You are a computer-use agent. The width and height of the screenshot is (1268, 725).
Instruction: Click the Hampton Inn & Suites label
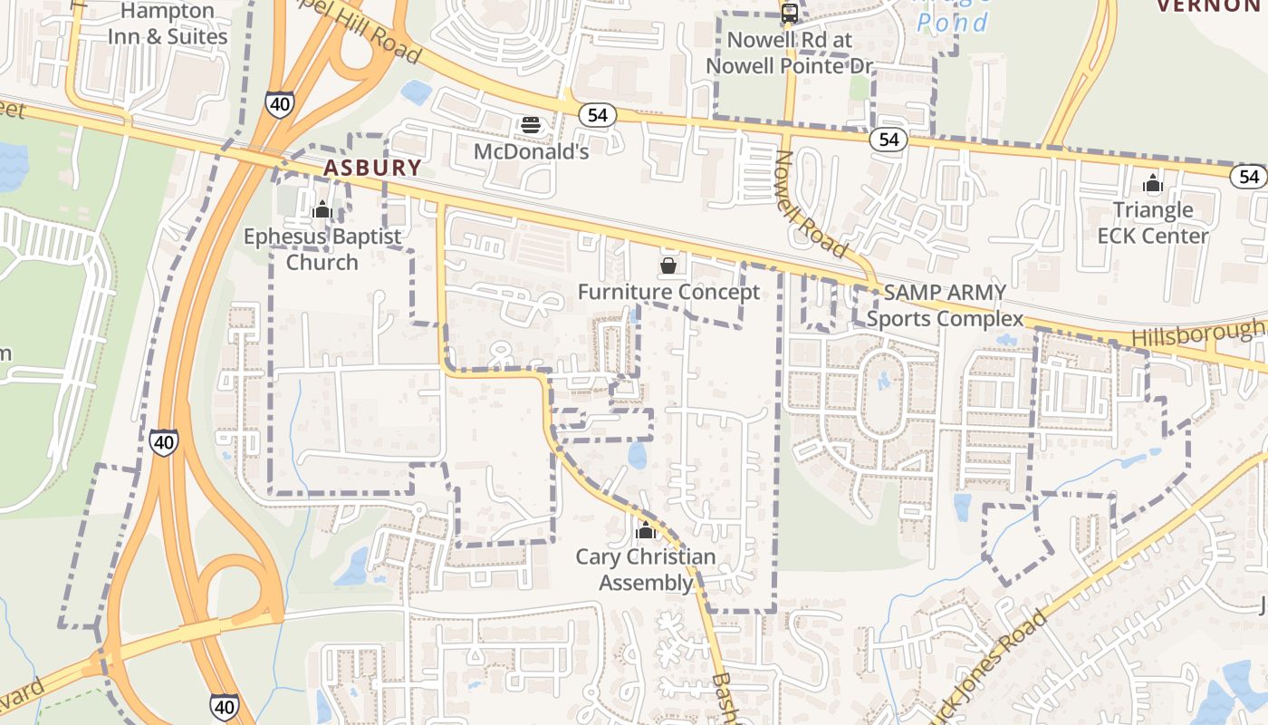coord(168,24)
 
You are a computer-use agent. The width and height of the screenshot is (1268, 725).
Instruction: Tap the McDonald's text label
coord(532,151)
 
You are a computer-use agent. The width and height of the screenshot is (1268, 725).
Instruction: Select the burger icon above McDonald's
coord(531,125)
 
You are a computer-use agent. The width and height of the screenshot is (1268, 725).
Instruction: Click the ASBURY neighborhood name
coord(372,168)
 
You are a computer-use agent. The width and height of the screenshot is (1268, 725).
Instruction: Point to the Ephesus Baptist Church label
coord(322,249)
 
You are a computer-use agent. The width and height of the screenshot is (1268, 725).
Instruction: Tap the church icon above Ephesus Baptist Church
coord(322,211)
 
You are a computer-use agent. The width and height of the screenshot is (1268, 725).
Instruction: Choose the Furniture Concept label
coord(668,292)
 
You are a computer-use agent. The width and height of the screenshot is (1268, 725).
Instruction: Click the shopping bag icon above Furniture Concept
coord(668,266)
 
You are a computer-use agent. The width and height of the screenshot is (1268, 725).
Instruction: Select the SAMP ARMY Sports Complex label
coord(945,305)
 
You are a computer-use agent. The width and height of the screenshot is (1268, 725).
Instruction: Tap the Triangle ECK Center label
coord(1153,223)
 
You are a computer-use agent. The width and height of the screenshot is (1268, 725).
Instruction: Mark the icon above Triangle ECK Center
coord(1152,185)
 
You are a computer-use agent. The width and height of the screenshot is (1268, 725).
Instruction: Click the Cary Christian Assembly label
coord(646,569)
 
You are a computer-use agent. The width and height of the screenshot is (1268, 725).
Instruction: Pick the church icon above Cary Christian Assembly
coord(645,530)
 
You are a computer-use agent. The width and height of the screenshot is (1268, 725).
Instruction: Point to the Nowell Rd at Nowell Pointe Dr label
coord(790,53)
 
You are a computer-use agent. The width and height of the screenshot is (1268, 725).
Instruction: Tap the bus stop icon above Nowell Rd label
coord(790,14)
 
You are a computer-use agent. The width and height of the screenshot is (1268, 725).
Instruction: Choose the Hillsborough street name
coord(1197,334)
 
